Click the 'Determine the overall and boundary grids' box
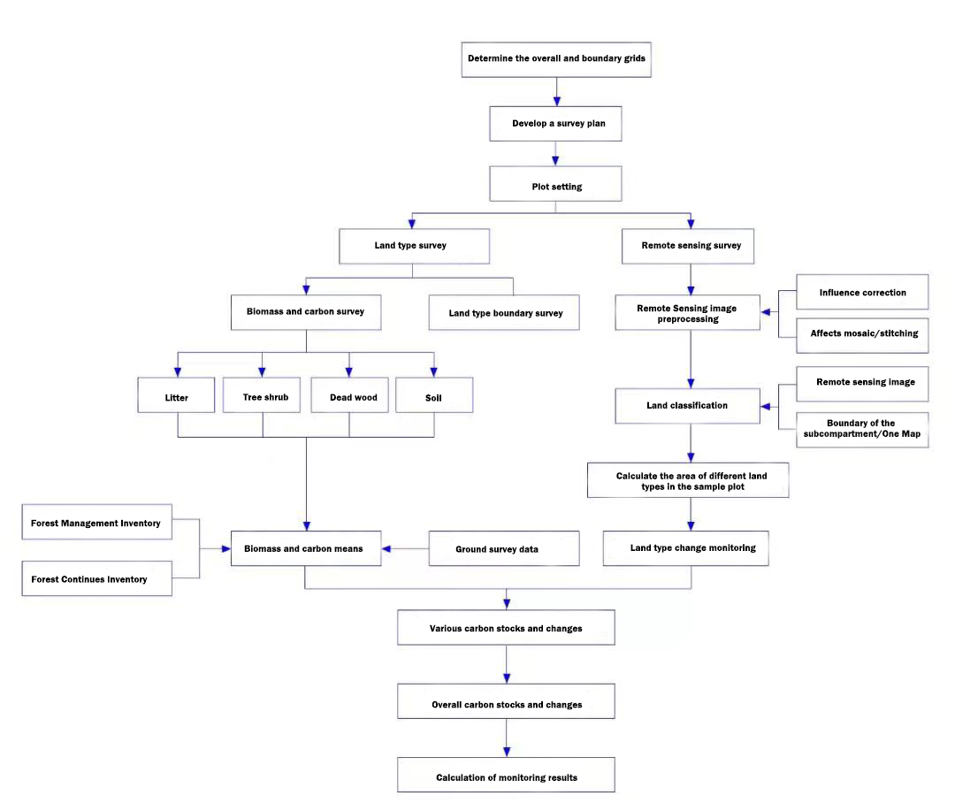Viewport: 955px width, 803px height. click(x=556, y=60)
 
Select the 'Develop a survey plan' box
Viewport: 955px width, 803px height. click(x=555, y=124)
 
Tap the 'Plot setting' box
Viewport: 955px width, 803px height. click(x=555, y=183)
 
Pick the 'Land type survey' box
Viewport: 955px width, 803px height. click(x=414, y=246)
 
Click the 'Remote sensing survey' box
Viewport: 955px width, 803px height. click(x=688, y=246)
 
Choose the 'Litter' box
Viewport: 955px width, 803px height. click(x=176, y=394)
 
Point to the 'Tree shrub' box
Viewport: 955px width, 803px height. click(x=261, y=394)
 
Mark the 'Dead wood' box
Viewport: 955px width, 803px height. click(x=349, y=394)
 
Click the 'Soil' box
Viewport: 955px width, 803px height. click(x=434, y=394)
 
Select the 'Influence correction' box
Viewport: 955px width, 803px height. click(x=862, y=292)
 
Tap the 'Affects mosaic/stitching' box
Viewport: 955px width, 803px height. click(x=862, y=335)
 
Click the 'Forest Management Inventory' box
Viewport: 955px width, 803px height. click(x=97, y=522)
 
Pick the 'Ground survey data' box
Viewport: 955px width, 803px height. click(x=504, y=548)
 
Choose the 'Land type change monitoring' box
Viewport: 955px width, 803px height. click(x=686, y=548)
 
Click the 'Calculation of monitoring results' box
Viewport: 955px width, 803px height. click(x=506, y=775)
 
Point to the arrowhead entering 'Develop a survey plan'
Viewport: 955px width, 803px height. click(x=556, y=101)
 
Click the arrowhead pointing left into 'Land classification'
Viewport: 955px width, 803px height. click(x=766, y=407)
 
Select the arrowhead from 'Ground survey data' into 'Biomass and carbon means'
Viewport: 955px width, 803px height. click(x=386, y=549)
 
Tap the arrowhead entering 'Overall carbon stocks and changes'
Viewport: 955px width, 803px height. click(x=507, y=678)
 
